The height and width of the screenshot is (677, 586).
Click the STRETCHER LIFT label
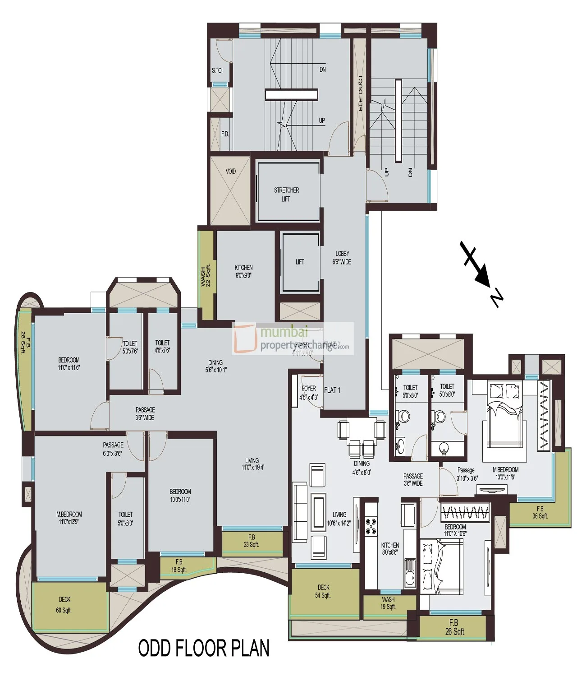286,195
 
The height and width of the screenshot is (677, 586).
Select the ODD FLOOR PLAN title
204,648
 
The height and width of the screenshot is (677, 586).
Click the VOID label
230,172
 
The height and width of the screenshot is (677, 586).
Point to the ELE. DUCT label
360,93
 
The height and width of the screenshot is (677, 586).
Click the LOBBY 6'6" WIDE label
342,258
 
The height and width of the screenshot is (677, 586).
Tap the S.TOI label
217,70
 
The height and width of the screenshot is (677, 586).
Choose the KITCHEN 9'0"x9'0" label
244,271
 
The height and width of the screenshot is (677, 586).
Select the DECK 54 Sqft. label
323,591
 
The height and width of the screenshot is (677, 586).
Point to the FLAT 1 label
332,390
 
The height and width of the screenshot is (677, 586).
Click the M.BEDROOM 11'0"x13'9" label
69,518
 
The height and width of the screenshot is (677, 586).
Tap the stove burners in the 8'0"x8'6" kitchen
371,526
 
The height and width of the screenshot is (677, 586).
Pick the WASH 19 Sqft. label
388,603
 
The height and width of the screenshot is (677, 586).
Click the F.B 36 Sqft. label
540,512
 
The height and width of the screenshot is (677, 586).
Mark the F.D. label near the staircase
225,134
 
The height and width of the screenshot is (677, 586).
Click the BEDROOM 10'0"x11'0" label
180,496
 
